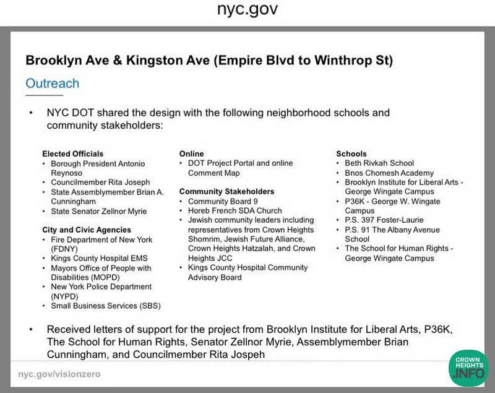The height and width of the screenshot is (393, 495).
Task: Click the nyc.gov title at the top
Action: point(247,10)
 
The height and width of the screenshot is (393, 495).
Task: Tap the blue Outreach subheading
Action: point(52,83)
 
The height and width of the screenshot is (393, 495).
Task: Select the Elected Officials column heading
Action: point(72,153)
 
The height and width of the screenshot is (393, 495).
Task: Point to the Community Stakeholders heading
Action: point(226,192)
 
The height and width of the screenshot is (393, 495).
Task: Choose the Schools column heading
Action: point(351,153)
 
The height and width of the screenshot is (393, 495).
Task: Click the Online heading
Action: point(191,153)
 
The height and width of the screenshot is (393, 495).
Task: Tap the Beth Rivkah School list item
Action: point(379,163)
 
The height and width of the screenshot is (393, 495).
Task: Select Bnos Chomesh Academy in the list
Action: point(389,173)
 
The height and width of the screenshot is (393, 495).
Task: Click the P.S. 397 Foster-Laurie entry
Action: point(385,220)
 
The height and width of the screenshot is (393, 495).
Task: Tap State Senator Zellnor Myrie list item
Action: point(98,211)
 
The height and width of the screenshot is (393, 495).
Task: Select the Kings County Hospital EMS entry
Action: point(99,259)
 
